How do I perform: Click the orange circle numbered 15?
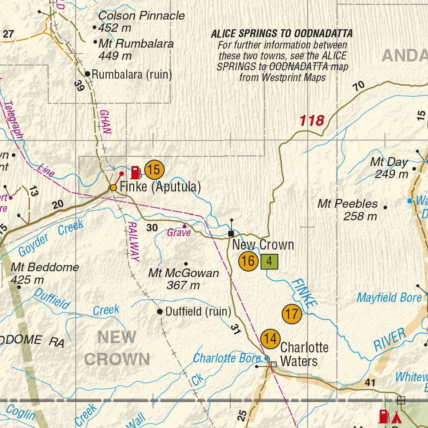[x=155, y=170]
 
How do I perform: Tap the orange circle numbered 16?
[x=248, y=261]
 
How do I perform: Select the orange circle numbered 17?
[x=292, y=314]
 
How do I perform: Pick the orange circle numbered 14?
[x=270, y=339]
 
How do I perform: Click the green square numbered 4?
[x=269, y=262]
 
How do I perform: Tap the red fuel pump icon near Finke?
[x=136, y=172]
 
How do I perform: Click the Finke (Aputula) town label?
[x=160, y=187]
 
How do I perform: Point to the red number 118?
[x=312, y=121]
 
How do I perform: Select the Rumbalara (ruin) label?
[x=132, y=75]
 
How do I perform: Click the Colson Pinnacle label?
[x=141, y=16]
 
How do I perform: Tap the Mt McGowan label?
[x=183, y=273]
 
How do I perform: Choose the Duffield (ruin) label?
[x=198, y=311]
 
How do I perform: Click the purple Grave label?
[x=179, y=233]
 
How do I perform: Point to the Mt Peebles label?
[x=348, y=204]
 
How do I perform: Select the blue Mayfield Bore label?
[x=389, y=298]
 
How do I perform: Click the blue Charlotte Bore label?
[x=227, y=358]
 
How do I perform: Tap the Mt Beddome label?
[x=45, y=267]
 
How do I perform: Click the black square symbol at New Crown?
[x=231, y=234]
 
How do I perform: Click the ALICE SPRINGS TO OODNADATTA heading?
[x=282, y=33]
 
